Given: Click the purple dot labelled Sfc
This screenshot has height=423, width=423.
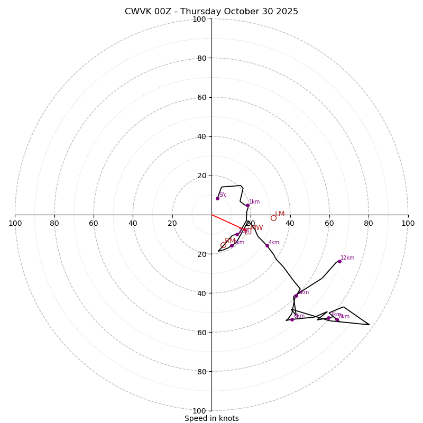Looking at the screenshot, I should (217, 198).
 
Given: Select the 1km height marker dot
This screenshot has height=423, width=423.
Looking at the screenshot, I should (247, 205).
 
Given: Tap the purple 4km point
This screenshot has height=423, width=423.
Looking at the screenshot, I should (267, 245).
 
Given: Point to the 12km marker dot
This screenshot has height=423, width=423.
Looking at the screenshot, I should (339, 261).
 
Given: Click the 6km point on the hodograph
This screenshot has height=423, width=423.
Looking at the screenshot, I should (296, 296).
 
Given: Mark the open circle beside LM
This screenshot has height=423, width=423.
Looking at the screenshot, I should (273, 218).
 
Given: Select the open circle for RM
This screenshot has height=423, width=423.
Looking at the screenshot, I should (223, 245).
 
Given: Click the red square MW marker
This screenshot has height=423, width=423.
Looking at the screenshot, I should (248, 231).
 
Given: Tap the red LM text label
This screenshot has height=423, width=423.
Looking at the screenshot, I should (280, 214).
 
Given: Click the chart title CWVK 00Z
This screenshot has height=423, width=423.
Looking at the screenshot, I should (212, 12).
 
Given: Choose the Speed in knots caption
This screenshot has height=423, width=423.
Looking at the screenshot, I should (212, 418).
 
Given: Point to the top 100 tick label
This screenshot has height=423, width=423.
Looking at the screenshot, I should (199, 19).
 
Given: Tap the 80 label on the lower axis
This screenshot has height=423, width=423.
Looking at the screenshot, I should (199, 371).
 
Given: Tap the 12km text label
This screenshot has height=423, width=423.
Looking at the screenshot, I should (347, 258).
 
